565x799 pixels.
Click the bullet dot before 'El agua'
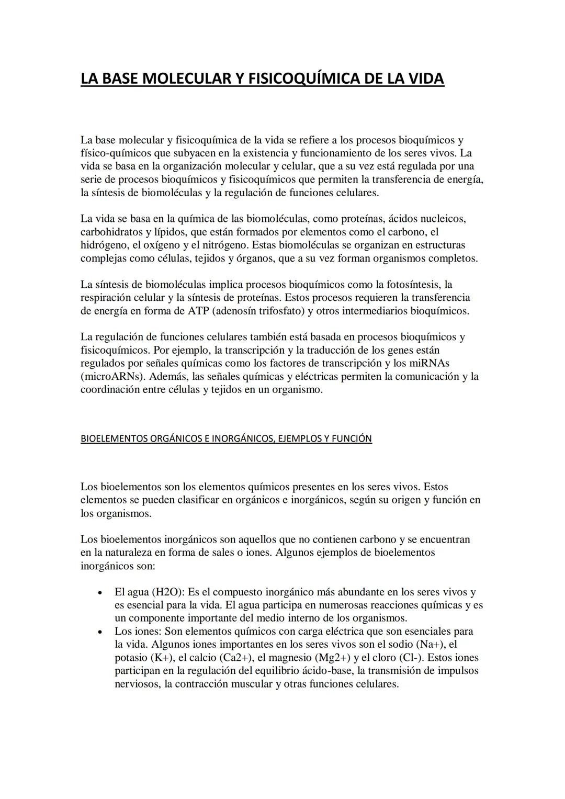pos(99,593)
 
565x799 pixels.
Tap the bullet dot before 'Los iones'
pos(99,632)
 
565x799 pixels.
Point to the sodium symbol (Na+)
pos(432,645)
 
